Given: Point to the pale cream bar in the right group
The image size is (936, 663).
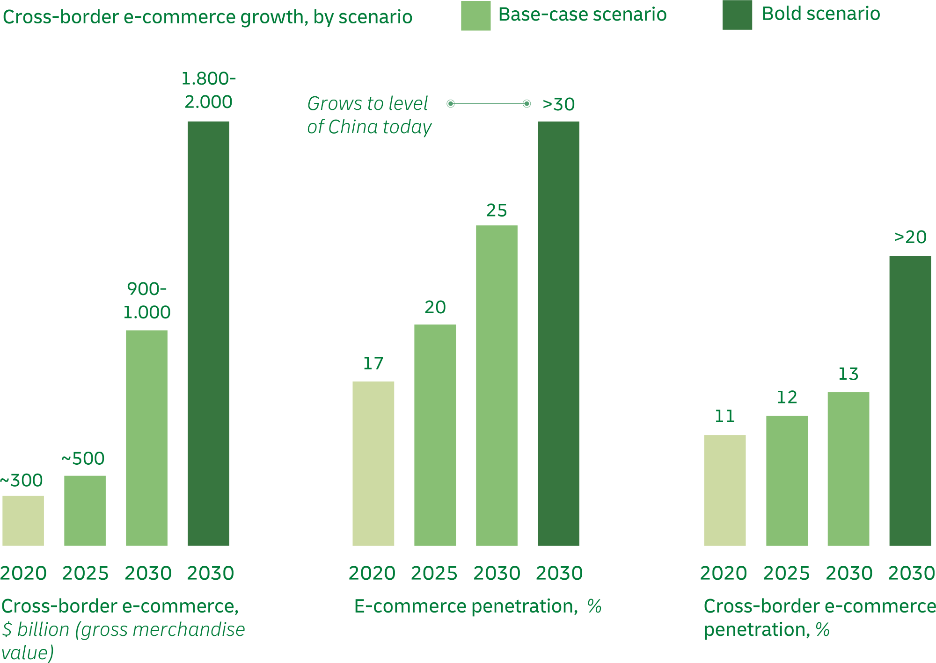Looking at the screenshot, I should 706,491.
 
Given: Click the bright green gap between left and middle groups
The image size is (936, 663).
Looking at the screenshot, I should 291,374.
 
